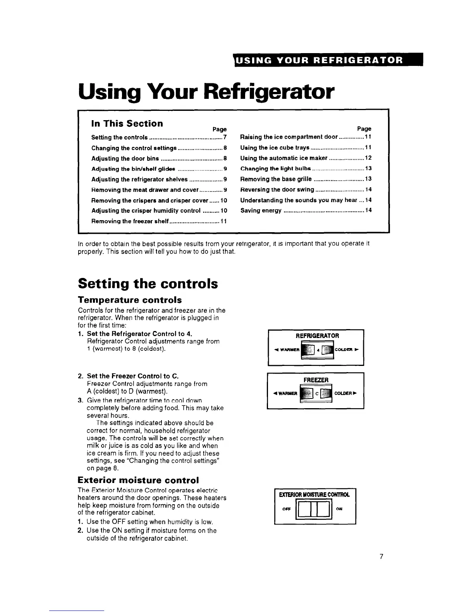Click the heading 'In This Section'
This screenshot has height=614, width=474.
(x=127, y=123)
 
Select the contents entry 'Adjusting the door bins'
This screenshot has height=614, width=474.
(x=125, y=159)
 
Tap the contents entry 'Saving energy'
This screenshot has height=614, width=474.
(x=261, y=210)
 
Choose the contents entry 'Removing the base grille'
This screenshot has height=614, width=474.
(x=276, y=179)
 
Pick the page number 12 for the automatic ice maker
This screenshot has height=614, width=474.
(x=368, y=158)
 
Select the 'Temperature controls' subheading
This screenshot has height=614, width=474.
(x=130, y=300)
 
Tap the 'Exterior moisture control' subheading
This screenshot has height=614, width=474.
(x=138, y=480)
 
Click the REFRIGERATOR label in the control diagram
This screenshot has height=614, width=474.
(x=317, y=336)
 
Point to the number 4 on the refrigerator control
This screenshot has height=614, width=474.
(x=318, y=350)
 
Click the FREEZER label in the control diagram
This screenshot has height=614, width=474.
(x=316, y=380)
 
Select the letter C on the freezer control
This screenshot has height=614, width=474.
(x=316, y=394)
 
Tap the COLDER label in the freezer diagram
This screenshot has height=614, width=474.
(x=345, y=393)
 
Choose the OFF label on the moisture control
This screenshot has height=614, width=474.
(x=287, y=509)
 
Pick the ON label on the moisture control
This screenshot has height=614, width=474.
(x=339, y=509)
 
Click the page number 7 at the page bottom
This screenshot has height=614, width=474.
(x=381, y=557)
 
